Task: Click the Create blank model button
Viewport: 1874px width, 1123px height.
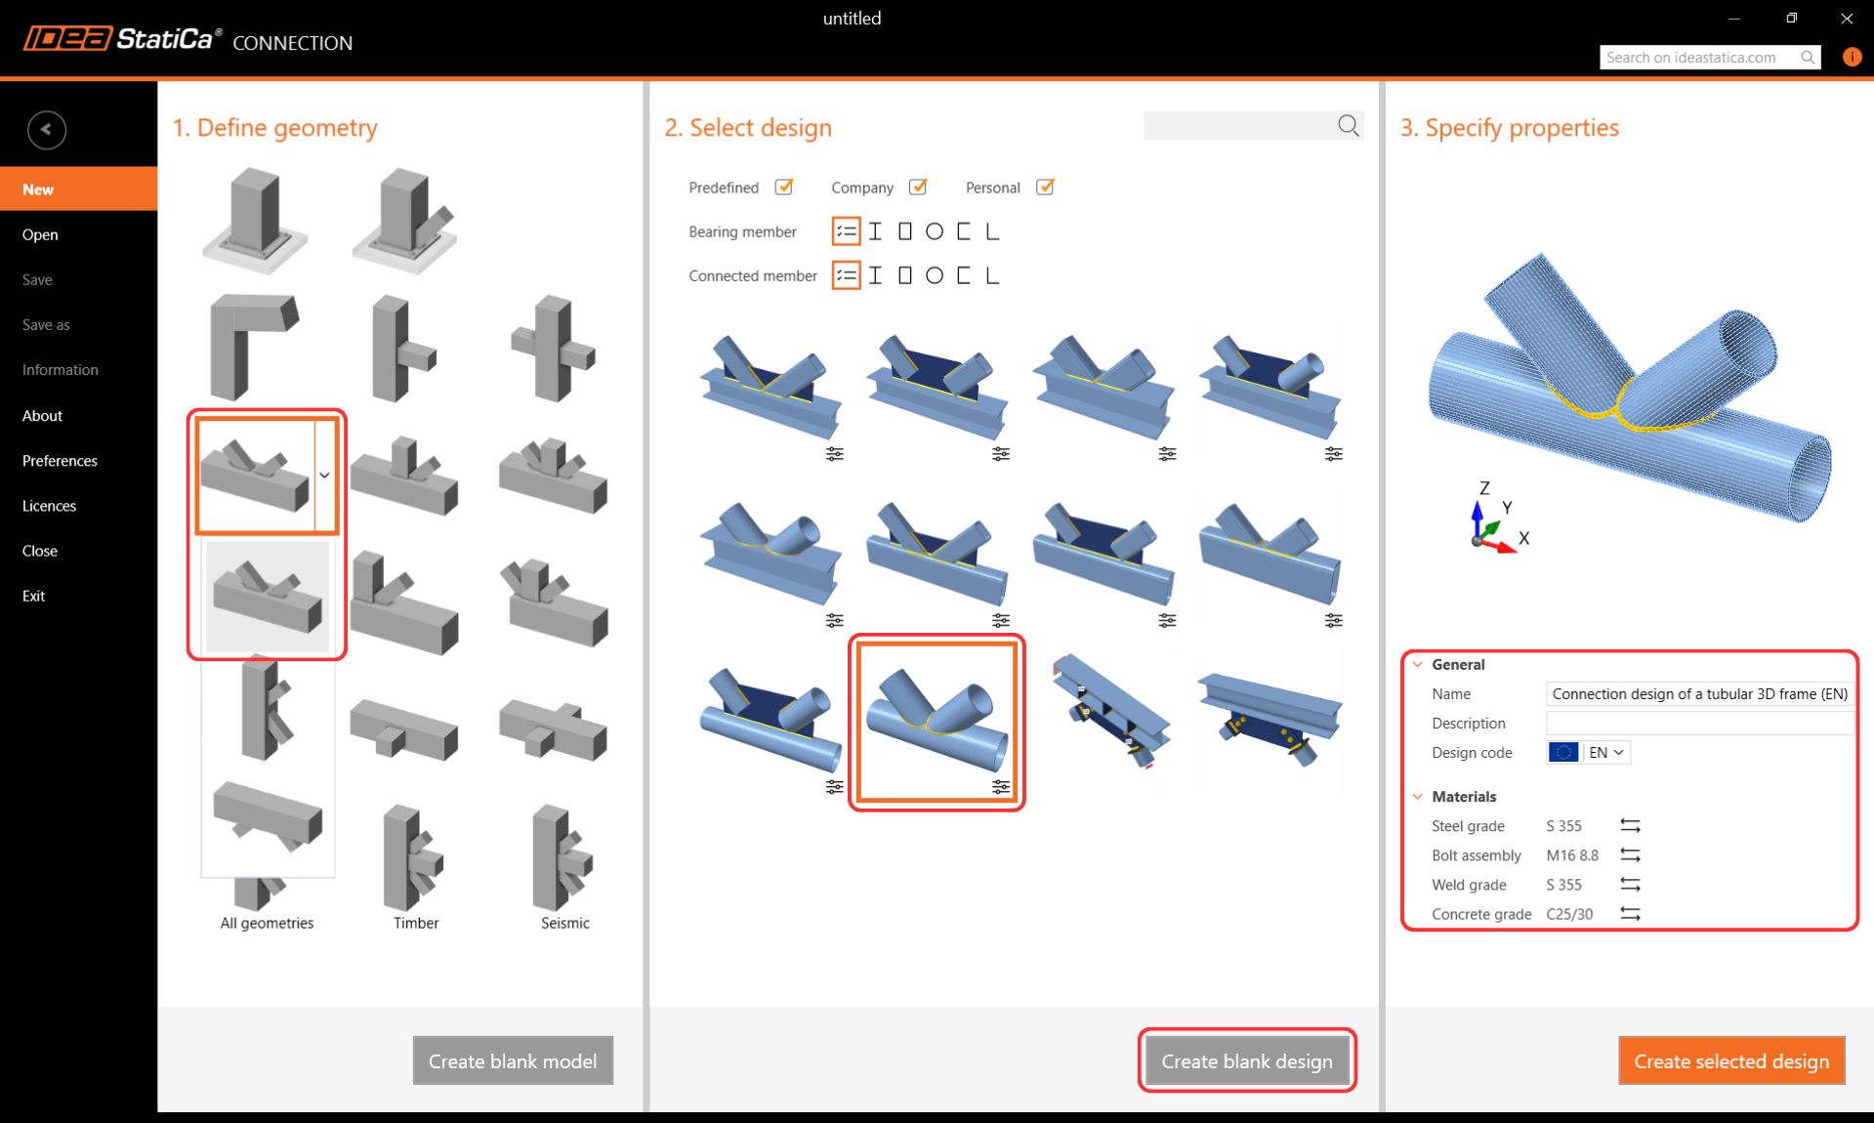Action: (513, 1061)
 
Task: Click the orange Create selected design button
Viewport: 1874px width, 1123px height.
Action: (1731, 1061)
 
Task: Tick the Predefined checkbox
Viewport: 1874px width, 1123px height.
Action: (783, 187)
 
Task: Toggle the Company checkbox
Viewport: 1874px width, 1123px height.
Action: (917, 187)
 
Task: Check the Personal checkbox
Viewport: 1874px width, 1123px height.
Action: (1044, 187)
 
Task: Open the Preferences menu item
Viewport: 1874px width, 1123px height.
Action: (60, 460)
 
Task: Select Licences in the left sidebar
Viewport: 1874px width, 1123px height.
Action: (49, 505)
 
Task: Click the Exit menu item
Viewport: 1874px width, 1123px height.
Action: (33, 596)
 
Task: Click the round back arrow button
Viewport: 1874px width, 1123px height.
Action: (47, 130)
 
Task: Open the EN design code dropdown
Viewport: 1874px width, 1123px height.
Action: (1605, 752)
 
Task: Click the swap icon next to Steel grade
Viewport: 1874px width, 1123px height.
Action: (1630, 825)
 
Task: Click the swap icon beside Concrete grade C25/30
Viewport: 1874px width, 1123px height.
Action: (1630, 913)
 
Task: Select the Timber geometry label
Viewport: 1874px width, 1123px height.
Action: (416, 923)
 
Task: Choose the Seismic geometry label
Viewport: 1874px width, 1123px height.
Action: (565, 923)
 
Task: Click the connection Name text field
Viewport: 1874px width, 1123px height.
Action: (1699, 693)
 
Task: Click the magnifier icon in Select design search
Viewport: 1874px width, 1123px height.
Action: (1349, 125)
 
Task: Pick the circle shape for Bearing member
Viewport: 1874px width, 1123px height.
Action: (935, 231)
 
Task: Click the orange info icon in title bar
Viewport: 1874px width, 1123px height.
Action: (1852, 57)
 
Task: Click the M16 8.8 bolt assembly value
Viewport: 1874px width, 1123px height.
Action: (1572, 855)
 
